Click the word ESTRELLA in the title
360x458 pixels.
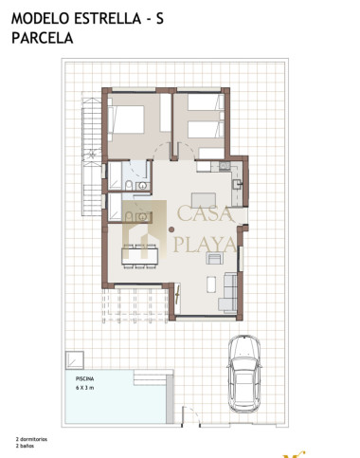click(108, 19)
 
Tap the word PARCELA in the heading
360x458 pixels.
click(43, 38)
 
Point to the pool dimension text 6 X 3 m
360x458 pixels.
click(84, 388)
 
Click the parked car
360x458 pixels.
click(244, 374)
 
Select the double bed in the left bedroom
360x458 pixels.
click(126, 119)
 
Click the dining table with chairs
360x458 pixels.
click(140, 256)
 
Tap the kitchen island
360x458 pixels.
click(204, 200)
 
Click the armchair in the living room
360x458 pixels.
click(214, 258)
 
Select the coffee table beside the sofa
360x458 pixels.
click(211, 284)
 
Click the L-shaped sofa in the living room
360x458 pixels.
click(228, 292)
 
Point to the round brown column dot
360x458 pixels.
click(171, 229)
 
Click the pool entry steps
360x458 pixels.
click(150, 377)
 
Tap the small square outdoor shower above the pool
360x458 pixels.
click(75, 360)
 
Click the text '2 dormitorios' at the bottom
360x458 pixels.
click(31, 439)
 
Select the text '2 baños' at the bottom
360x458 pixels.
click(25, 446)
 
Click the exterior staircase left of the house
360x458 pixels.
click(92, 157)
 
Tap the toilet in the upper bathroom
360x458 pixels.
click(129, 186)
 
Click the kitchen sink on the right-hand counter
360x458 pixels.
click(237, 184)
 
